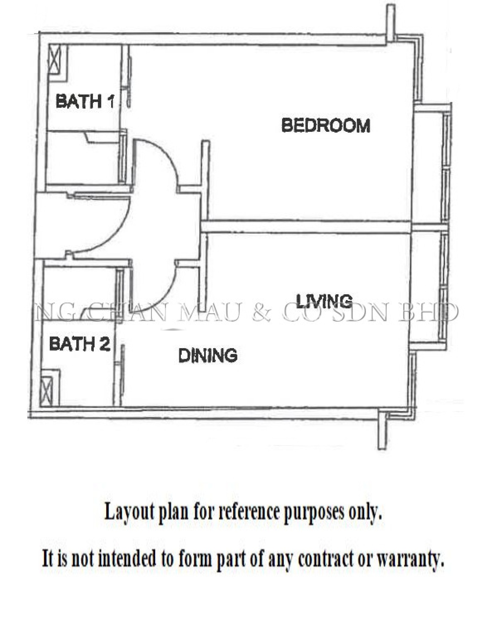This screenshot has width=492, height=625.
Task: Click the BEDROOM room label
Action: click(x=326, y=125)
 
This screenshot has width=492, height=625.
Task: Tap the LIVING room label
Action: click(x=324, y=301)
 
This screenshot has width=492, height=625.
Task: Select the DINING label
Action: click(x=208, y=356)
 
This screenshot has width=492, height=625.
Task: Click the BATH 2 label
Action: click(x=79, y=344)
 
